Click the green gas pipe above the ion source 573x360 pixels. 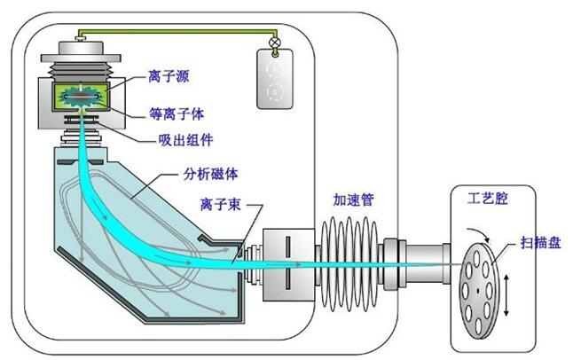tap(177, 35)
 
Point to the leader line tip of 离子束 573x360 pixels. tap(234, 259)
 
